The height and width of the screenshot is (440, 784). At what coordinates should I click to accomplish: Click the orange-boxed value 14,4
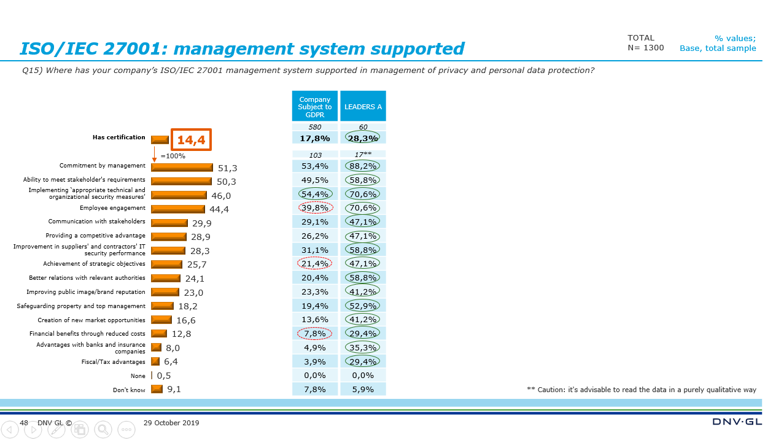(191, 140)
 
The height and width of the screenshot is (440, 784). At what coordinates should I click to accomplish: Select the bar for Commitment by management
(182, 168)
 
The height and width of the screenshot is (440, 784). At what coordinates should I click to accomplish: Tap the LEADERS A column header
(363, 107)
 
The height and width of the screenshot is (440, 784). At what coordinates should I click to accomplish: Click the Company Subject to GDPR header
(315, 107)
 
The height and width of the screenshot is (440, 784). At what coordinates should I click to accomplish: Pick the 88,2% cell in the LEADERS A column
(363, 166)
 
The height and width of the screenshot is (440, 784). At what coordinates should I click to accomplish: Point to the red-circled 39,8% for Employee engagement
(315, 207)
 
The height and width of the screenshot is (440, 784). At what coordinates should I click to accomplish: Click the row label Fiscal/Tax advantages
(114, 362)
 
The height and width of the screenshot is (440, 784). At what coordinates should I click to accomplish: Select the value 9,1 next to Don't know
(174, 389)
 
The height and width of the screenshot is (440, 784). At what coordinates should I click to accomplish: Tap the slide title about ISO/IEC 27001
(242, 48)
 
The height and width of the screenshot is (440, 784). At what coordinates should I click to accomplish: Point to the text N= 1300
(645, 48)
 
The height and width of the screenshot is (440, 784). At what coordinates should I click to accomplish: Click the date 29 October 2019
(171, 423)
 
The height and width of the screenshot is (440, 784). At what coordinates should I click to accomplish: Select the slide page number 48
(24, 423)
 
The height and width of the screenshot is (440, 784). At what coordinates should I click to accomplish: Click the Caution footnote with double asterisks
(641, 390)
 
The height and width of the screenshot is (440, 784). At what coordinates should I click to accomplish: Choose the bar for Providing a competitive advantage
(169, 237)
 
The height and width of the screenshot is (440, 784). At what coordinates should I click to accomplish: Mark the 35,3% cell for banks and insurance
(363, 347)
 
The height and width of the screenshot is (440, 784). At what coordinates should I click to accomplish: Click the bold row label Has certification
(118, 137)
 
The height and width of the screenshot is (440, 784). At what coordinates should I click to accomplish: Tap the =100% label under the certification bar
(173, 156)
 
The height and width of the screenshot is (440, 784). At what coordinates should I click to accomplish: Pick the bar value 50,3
(227, 182)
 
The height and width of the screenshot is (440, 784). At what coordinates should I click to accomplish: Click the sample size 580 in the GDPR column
(315, 127)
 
